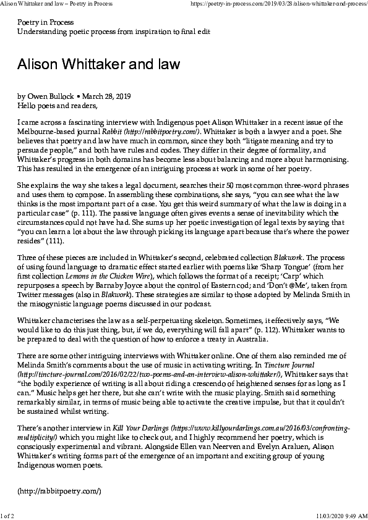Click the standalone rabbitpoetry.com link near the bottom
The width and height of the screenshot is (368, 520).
point(59,492)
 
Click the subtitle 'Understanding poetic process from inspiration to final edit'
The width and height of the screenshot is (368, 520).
point(113,31)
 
